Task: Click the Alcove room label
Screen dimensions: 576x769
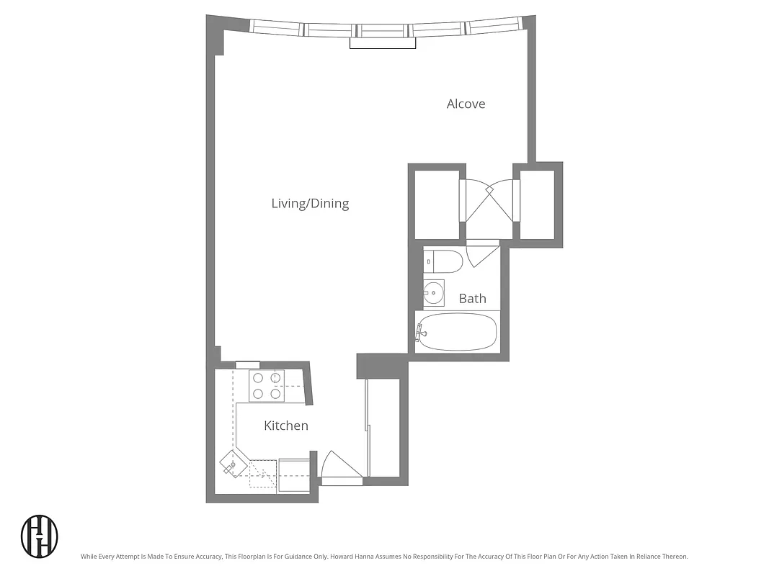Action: [x=466, y=104]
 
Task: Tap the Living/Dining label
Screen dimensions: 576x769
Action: [x=310, y=203]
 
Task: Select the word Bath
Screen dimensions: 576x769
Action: [x=472, y=298]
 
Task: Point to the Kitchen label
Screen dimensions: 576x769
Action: [x=285, y=426]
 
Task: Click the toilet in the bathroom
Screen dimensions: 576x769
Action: [x=443, y=261]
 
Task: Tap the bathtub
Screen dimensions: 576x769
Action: [x=458, y=332]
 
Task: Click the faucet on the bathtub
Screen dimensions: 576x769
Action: [x=421, y=333]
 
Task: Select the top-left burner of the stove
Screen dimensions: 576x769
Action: [x=258, y=377]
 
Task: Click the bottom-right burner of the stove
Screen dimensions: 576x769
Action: [x=275, y=394]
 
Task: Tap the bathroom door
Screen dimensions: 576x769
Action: [x=481, y=254]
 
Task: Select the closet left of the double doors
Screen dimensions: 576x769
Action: [x=437, y=204]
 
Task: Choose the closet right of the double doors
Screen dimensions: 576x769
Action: [x=537, y=204]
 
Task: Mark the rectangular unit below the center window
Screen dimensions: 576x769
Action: [x=383, y=43]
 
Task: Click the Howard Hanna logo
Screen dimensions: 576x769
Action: [x=39, y=536]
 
